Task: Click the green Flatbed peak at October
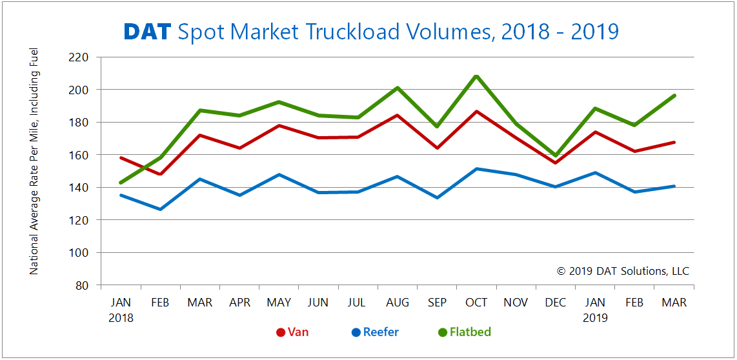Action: tap(476, 76)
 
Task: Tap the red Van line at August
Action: tap(398, 115)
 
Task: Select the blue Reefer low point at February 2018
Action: tap(160, 209)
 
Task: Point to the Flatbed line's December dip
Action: tap(556, 155)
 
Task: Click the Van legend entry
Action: tap(292, 332)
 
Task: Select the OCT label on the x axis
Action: tap(476, 302)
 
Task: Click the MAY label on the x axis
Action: tap(279, 302)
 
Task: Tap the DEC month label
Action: tap(556, 302)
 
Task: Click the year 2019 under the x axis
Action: tap(595, 317)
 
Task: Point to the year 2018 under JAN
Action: tap(121, 317)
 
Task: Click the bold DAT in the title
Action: tap(147, 31)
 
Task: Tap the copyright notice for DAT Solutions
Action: tap(623, 271)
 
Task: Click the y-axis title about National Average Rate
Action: tap(34, 161)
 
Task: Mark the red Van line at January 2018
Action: tap(121, 157)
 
